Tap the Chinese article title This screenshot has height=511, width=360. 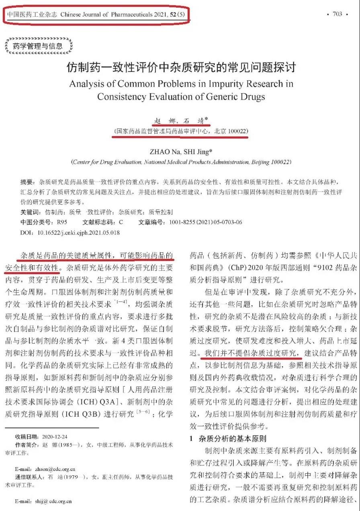click(x=180, y=67)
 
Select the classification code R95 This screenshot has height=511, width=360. click(x=62, y=222)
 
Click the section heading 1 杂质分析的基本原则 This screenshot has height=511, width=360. click(x=227, y=439)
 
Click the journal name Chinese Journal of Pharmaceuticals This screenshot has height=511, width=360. click(x=106, y=15)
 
